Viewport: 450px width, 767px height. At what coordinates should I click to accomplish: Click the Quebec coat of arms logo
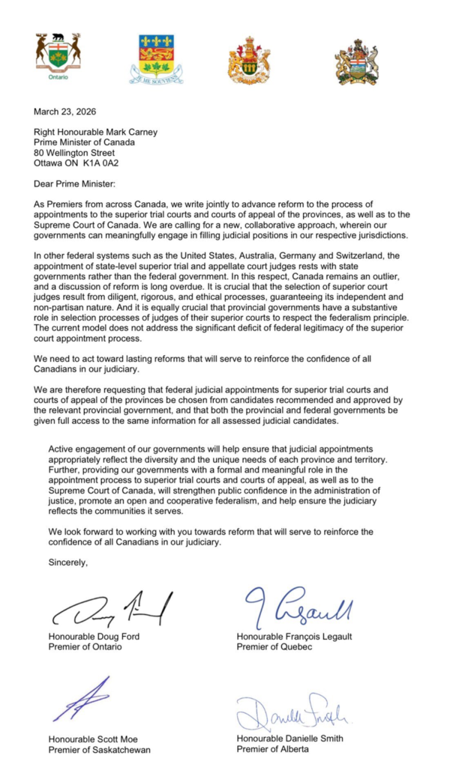[157, 58]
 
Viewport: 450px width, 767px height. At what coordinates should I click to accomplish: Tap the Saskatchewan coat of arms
[250, 59]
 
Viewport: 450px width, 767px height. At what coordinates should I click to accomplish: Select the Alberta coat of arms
[356, 61]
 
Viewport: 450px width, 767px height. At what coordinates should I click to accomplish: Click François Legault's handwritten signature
[296, 607]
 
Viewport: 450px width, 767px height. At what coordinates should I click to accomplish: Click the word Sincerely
[67, 562]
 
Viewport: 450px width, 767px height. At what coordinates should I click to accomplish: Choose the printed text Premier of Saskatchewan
[100, 749]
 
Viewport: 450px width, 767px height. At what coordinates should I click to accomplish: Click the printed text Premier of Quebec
[274, 647]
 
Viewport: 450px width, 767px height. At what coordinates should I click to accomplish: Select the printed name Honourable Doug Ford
[94, 637]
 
